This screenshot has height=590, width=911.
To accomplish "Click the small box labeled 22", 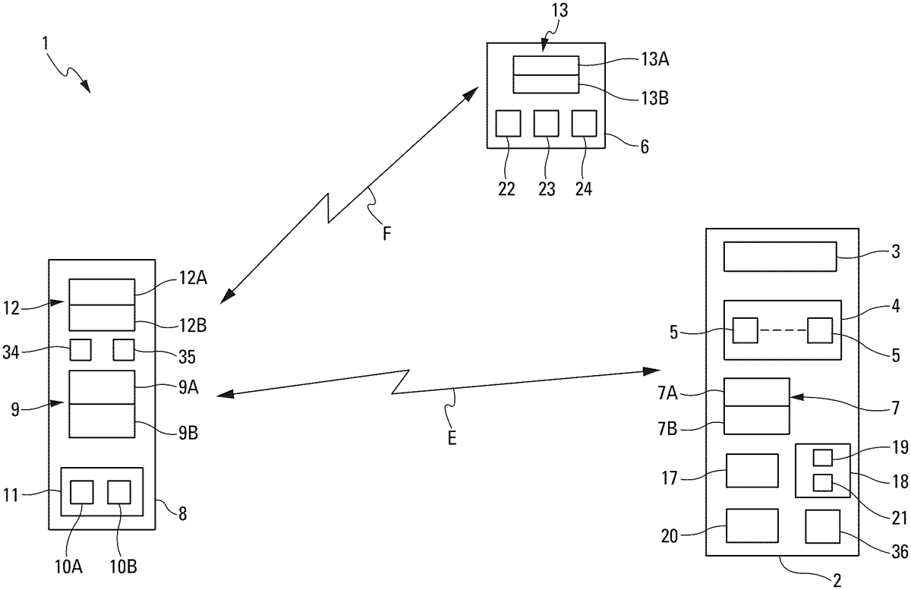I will [x=508, y=123].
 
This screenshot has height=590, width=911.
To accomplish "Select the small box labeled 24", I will [x=585, y=123].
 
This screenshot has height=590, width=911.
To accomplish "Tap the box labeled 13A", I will [x=546, y=65].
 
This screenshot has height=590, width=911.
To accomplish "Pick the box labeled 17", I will [x=752, y=470].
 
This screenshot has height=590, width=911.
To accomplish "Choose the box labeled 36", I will [x=823, y=529].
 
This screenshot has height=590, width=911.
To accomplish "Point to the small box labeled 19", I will [x=823, y=457].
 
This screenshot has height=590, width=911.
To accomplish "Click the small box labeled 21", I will [x=823, y=481].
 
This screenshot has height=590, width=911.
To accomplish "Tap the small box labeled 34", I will [x=80, y=349].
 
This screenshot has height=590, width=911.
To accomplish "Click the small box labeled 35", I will [x=124, y=349].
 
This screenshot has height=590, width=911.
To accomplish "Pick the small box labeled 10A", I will [x=81, y=492].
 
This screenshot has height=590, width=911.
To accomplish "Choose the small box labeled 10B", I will [x=119, y=492].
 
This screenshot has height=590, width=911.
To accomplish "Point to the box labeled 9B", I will [x=102, y=421].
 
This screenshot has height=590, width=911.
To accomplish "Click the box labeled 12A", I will [x=102, y=292].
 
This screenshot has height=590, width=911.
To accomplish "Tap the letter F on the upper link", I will [x=386, y=235].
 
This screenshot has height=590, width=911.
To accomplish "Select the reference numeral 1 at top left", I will [x=46, y=45].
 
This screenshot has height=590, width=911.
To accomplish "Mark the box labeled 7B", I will [x=757, y=419].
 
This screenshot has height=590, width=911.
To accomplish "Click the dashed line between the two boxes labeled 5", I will [x=782, y=331].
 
